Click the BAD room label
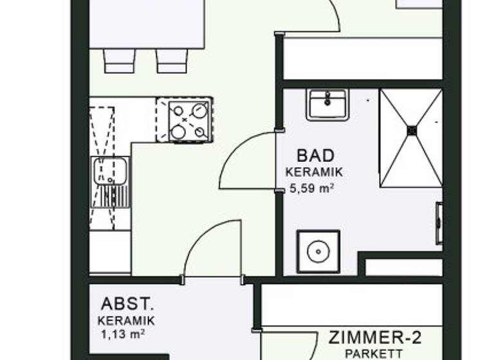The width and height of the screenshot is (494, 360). click(x=316, y=156)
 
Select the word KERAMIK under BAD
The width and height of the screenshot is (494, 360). click(x=314, y=172)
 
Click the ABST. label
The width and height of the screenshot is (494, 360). click(x=127, y=304)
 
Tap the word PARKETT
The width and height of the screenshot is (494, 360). click(x=374, y=354)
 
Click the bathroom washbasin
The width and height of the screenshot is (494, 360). click(x=327, y=104)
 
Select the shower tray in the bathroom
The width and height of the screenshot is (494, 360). click(x=410, y=138)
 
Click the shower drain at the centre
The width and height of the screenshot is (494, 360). click(x=412, y=130)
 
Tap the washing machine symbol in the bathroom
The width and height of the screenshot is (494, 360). click(x=318, y=251)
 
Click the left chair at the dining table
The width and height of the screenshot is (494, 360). click(x=119, y=60)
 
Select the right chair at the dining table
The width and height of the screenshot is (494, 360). click(x=172, y=60)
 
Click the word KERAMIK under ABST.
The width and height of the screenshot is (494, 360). click(x=126, y=320)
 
